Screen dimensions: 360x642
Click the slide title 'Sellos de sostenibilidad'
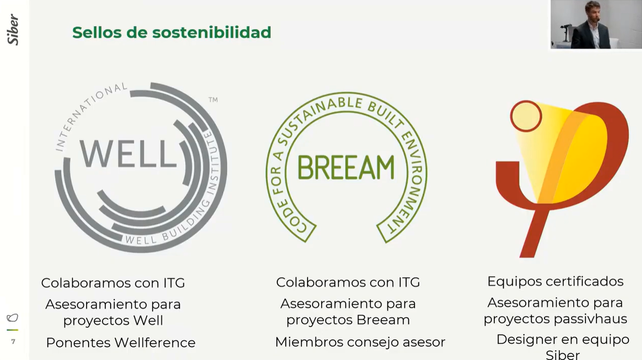(171, 32)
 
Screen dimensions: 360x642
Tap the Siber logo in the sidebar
(13, 29)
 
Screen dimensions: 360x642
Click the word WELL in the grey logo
(128, 154)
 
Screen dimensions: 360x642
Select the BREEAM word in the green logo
(346, 168)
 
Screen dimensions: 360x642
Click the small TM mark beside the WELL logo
(213, 100)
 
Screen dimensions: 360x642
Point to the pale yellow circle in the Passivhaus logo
(526, 116)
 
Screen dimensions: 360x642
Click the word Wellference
(155, 343)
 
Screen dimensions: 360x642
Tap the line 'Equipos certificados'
(555, 281)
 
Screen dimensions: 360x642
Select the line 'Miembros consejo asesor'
(360, 342)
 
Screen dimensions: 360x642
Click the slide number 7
(13, 342)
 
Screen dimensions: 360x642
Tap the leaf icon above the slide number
(13, 318)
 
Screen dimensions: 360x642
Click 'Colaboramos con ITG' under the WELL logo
(113, 283)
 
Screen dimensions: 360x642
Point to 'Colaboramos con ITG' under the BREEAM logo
(348, 282)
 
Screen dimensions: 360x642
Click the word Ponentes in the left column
(78, 343)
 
